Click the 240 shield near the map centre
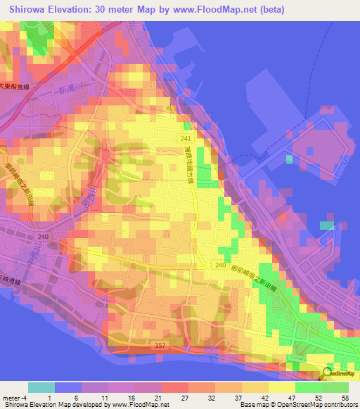(220, 265)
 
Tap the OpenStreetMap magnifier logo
(328, 372)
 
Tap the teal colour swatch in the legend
(41, 387)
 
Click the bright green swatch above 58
(335, 387)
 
